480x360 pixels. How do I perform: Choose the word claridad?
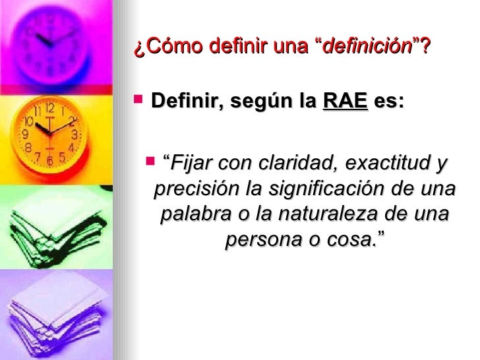coord(293,162)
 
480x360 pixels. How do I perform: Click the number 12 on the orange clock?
coord(51,107)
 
